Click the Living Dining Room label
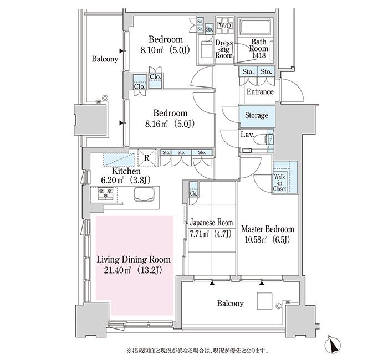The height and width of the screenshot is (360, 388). click(x=133, y=259)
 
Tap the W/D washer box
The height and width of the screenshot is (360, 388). click(x=226, y=26)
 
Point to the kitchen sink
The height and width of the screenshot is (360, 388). click(x=143, y=194)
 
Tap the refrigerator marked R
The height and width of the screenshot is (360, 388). click(x=146, y=157)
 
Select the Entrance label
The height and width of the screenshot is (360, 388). click(x=259, y=91)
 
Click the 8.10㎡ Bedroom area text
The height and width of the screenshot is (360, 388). click(x=165, y=50)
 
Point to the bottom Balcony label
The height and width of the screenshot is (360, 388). click(x=230, y=304)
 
